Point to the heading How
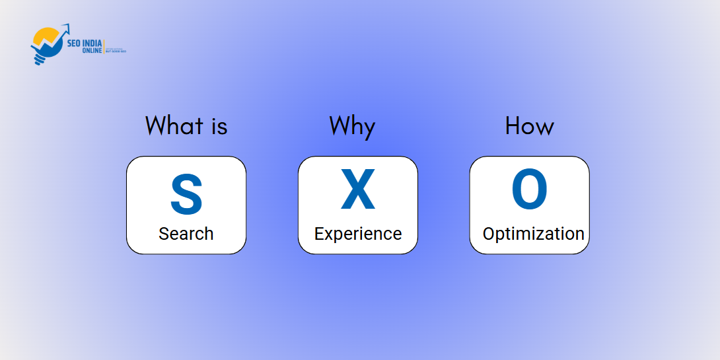[x=529, y=126]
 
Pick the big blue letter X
[x=357, y=190]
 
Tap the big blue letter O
[x=529, y=190]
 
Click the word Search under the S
[x=186, y=234]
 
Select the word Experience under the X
[x=357, y=234]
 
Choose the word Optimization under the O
[x=533, y=234]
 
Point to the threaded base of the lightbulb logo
[x=40, y=60]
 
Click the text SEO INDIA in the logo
[x=85, y=44]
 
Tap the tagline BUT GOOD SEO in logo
[x=116, y=52]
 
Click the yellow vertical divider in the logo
[x=104, y=47]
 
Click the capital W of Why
[x=340, y=126]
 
